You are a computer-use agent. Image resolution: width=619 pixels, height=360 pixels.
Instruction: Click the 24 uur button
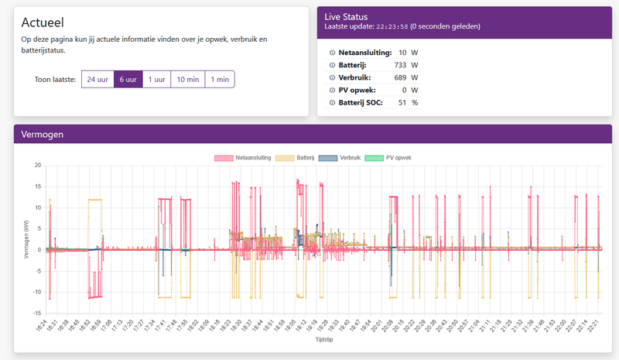[97, 79]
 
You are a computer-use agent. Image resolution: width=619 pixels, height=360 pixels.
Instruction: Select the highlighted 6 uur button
[128, 79]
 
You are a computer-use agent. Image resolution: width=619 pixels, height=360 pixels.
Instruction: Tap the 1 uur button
[156, 79]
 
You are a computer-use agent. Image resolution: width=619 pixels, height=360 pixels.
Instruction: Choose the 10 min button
[187, 79]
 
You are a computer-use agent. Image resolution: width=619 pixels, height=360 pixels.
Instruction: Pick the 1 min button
[219, 79]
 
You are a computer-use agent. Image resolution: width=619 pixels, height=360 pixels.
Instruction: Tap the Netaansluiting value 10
[402, 53]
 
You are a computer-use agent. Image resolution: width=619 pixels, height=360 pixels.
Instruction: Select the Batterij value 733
[399, 65]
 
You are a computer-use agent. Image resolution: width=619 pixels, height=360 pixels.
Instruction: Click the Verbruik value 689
[399, 77]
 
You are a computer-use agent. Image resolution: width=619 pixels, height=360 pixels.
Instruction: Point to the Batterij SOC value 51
[402, 102]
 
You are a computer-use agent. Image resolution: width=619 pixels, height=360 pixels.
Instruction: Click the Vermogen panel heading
[42, 134]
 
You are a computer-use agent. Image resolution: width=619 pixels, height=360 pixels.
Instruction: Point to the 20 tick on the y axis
[36, 166]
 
